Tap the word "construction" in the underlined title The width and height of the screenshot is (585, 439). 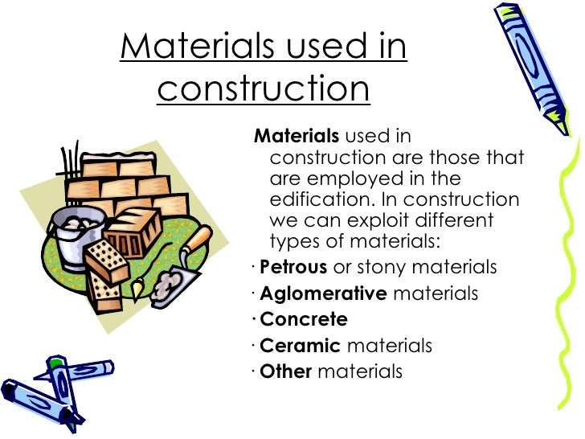264,88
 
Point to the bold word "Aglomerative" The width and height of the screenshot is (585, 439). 324,293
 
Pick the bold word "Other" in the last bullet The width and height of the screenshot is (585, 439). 285,371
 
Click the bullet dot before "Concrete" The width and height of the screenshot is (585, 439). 253,320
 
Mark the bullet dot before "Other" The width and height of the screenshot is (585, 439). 253,372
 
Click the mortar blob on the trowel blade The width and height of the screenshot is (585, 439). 168,281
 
